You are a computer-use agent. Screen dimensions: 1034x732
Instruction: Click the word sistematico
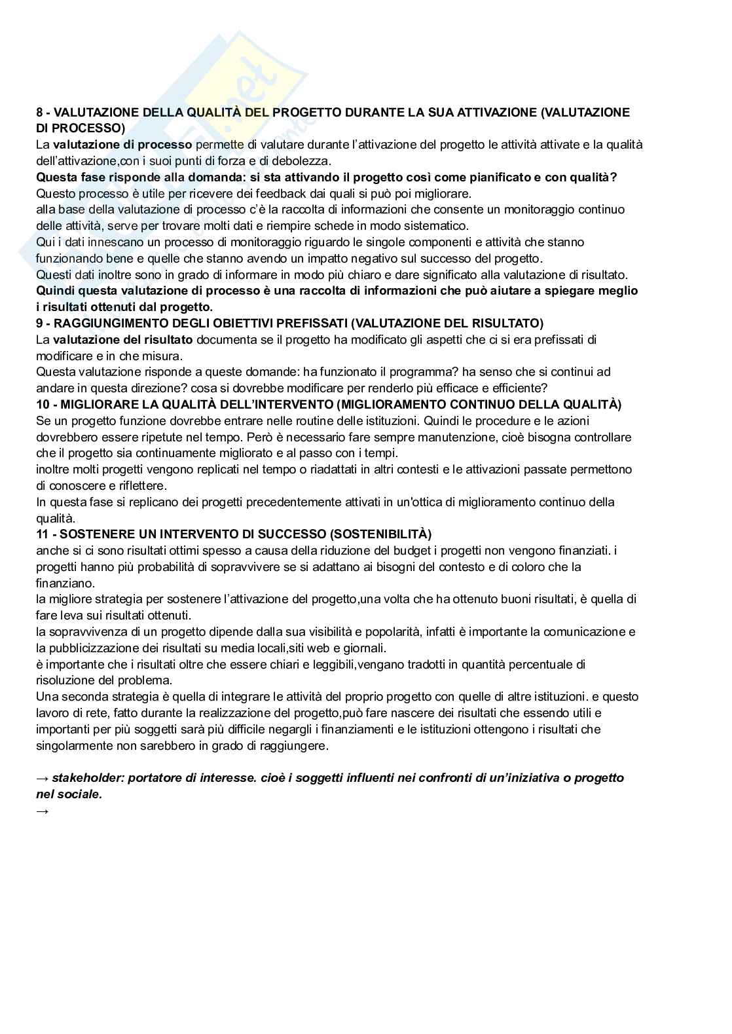(432, 226)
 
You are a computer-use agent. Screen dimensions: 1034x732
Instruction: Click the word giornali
(365, 648)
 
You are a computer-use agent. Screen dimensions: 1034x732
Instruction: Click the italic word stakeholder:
(88, 778)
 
